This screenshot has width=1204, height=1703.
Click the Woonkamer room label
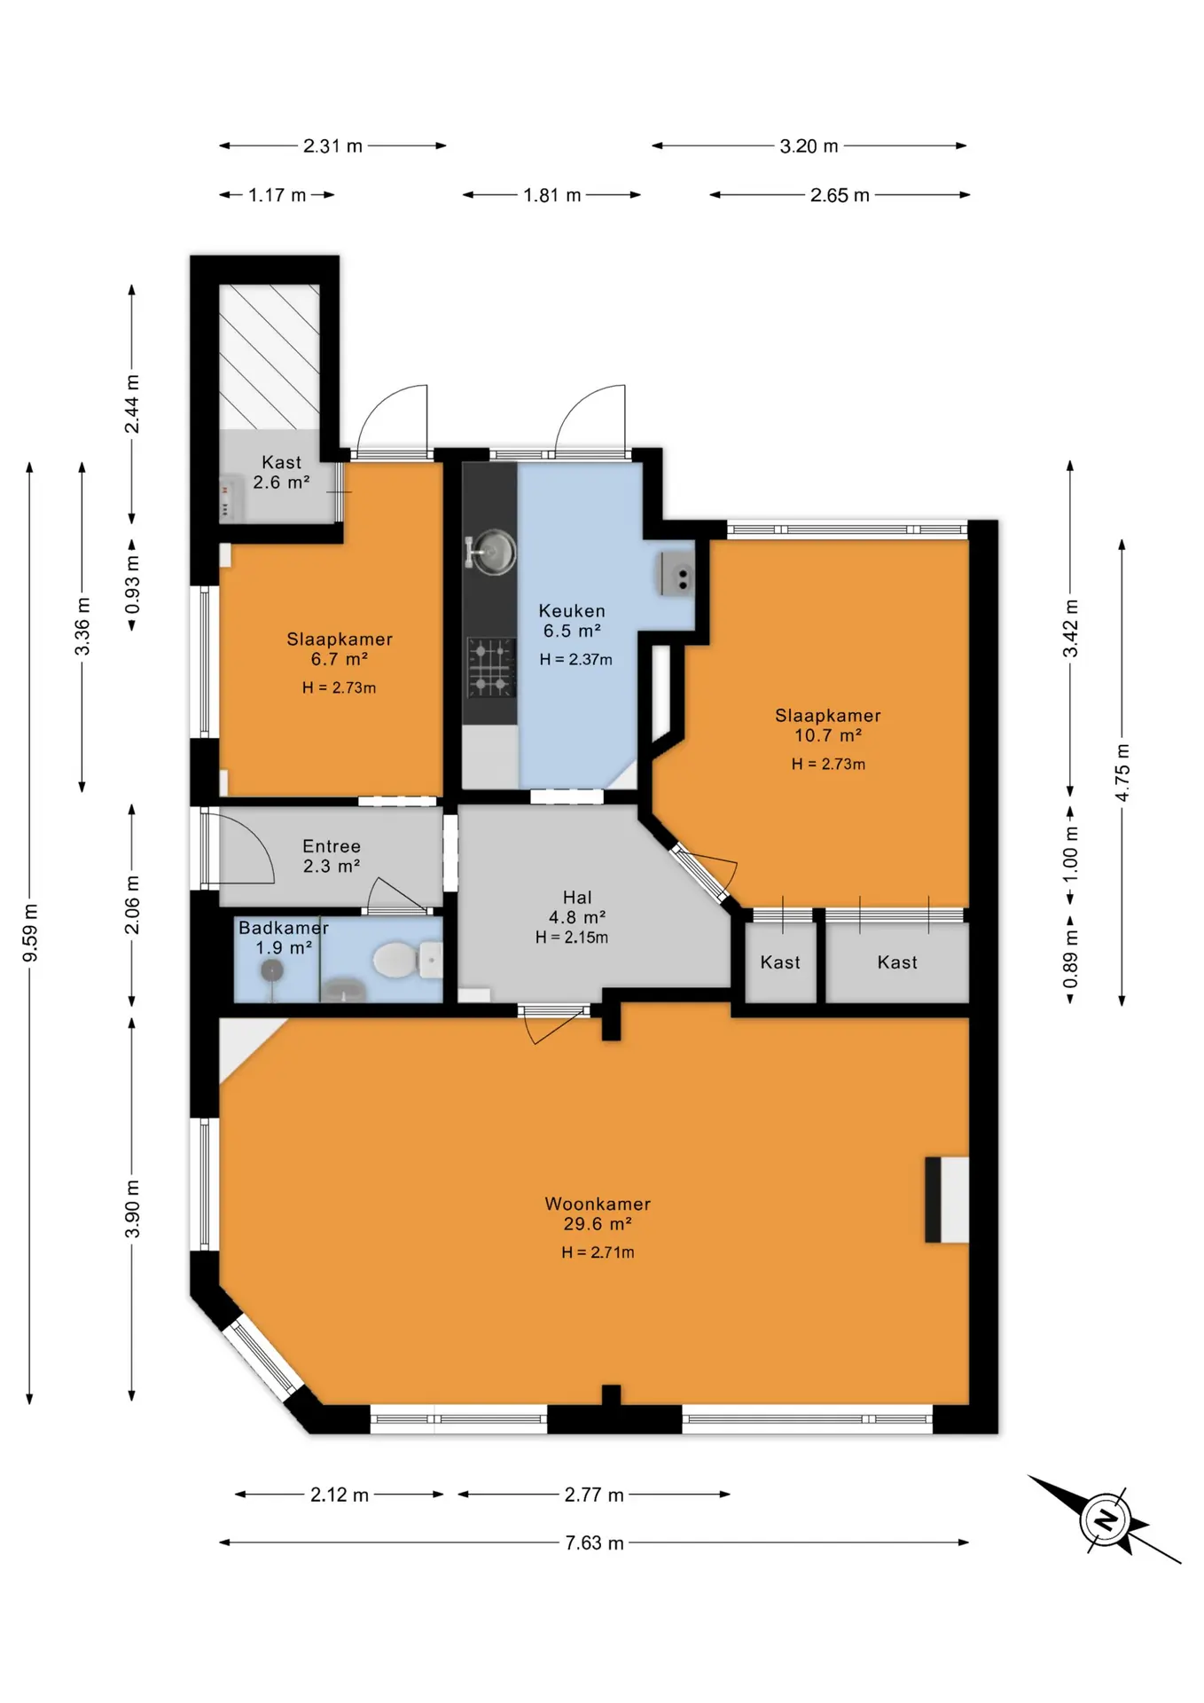pyautogui.click(x=598, y=1204)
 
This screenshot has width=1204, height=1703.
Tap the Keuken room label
pyautogui.click(x=572, y=611)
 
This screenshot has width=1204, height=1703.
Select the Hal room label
pyautogui.click(x=577, y=898)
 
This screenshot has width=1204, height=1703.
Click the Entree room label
pyautogui.click(x=332, y=846)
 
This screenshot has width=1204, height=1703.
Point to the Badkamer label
pyautogui.click(x=284, y=928)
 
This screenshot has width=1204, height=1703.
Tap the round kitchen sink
pyautogui.click(x=491, y=552)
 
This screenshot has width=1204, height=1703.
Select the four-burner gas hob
pyautogui.click(x=491, y=667)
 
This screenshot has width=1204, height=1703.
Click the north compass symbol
pyautogui.click(x=1105, y=1520)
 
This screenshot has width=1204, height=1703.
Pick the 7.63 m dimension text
pyautogui.click(x=594, y=1542)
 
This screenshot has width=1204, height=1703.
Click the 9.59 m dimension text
pyautogui.click(x=30, y=933)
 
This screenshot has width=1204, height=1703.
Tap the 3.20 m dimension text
pyautogui.click(x=809, y=146)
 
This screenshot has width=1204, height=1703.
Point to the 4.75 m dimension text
pyautogui.click(x=1122, y=773)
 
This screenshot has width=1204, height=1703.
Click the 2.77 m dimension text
pyautogui.click(x=594, y=1495)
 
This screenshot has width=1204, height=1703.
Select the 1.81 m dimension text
pyautogui.click(x=551, y=195)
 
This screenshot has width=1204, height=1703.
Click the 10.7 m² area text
pyautogui.click(x=828, y=735)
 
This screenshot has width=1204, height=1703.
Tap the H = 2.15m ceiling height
pyautogui.click(x=572, y=938)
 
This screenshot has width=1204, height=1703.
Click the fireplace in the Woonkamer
pyautogui.click(x=947, y=1199)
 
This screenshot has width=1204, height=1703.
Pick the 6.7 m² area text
pyautogui.click(x=340, y=659)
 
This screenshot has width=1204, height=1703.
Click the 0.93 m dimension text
pyautogui.click(x=132, y=585)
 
